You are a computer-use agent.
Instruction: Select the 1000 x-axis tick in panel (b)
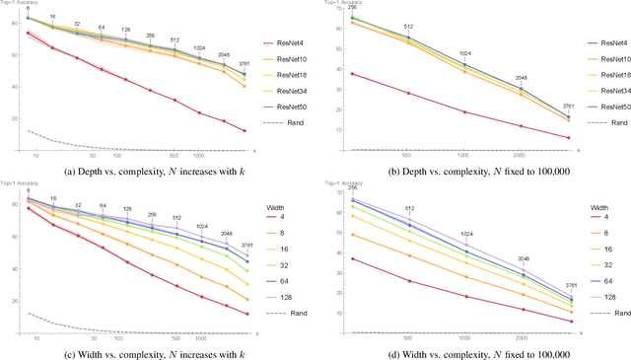pyautogui.click(x=464, y=157)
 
